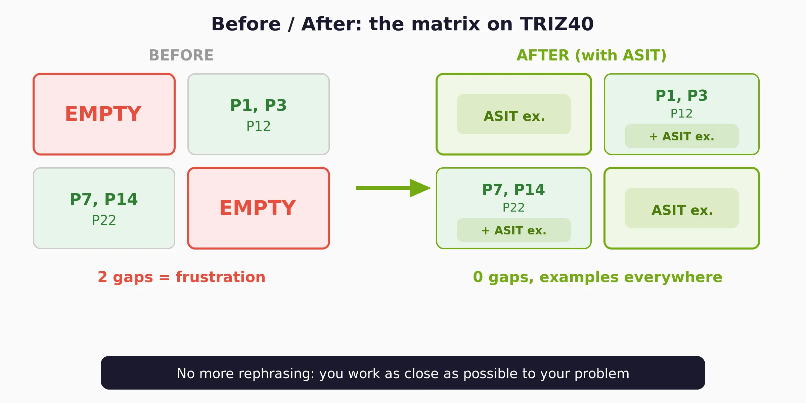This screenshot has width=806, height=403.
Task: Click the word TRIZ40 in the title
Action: click(556, 24)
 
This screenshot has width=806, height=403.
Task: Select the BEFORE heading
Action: click(181, 55)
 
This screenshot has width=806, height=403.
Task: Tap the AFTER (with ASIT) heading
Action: click(591, 55)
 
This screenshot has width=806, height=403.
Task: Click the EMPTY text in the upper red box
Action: click(103, 114)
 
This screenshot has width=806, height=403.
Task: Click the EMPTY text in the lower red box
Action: click(258, 208)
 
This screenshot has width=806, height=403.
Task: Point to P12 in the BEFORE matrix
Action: click(258, 127)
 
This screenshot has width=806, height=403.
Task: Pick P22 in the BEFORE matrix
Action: click(104, 221)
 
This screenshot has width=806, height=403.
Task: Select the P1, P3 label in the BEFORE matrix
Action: click(258, 105)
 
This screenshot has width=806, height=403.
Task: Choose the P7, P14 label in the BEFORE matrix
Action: click(104, 199)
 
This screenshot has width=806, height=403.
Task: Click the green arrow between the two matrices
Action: click(393, 188)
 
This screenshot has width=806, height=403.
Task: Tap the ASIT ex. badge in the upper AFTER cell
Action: click(514, 115)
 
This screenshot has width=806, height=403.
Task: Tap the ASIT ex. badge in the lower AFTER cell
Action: click(682, 209)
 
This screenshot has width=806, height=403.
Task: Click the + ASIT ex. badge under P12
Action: click(682, 136)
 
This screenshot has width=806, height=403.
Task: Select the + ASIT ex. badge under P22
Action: click(514, 230)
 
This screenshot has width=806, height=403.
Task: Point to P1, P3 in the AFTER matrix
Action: click(681, 96)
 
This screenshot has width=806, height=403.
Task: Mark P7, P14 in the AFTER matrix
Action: click(513, 190)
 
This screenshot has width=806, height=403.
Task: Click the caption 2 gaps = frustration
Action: click(181, 277)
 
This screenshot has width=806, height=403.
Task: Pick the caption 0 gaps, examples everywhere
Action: click(597, 277)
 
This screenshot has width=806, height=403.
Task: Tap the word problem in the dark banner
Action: click(601, 374)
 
